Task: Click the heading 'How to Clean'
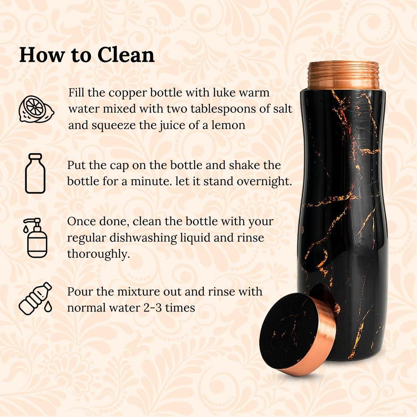87,55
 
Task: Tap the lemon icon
36,109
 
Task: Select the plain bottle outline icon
35,173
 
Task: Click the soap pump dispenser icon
36,237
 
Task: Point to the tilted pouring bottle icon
36,298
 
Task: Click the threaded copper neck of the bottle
343,75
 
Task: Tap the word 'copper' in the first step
121,93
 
